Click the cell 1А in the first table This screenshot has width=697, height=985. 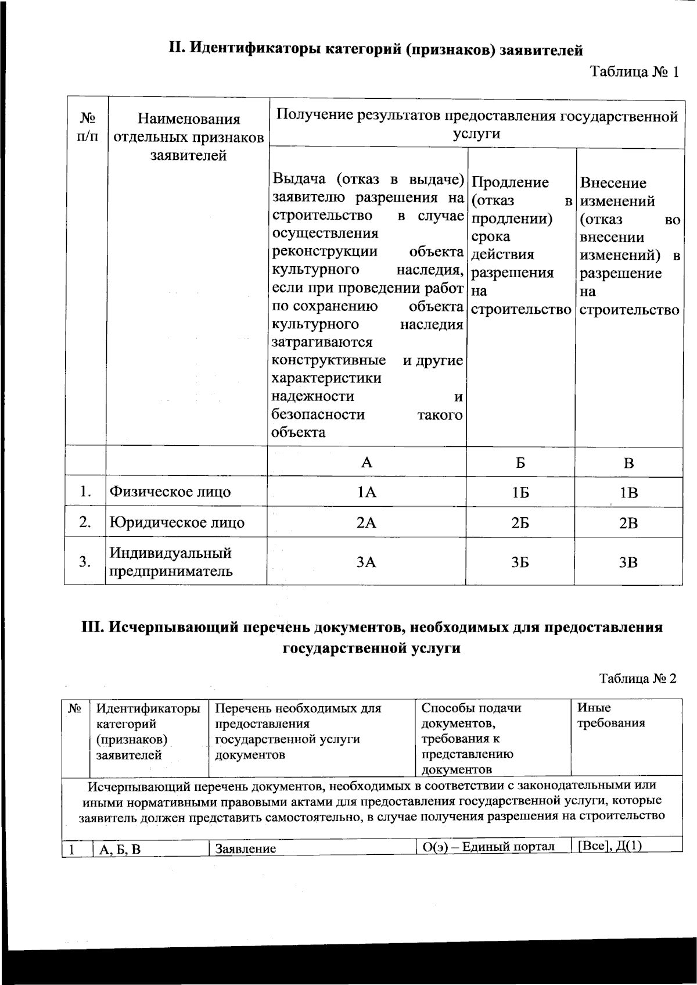point(367,493)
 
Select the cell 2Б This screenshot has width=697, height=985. point(520,523)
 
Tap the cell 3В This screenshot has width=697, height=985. point(628,562)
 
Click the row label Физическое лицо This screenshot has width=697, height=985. point(170,492)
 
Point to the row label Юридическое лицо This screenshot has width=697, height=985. point(177,522)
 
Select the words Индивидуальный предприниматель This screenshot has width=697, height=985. point(171,561)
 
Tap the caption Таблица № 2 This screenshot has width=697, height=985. point(638,678)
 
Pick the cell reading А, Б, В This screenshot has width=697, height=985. point(120,849)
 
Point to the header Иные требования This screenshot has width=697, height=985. point(611,715)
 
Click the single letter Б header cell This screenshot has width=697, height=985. point(520,463)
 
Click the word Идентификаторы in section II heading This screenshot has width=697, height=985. point(254,49)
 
